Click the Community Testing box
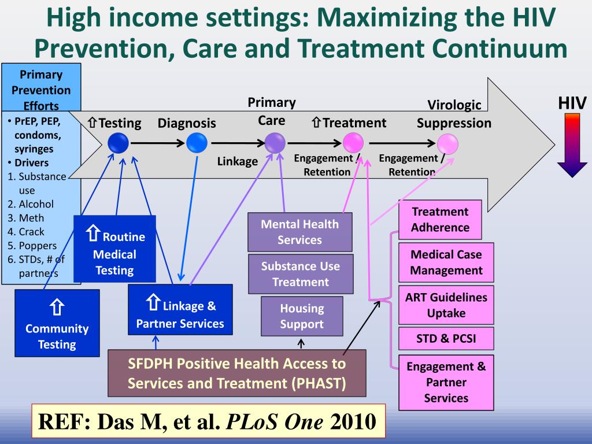coord(57,322)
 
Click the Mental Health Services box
coord(299,232)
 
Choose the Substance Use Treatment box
coord(301,274)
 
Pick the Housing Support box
coord(302,316)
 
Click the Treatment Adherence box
coord(440,220)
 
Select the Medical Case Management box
coord(446,262)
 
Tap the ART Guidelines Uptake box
coord(446,305)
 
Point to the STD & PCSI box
coord(446,339)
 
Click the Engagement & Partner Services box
coord(446,382)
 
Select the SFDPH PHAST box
coord(237,373)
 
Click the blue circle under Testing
coord(119,142)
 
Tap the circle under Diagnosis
coord(197,142)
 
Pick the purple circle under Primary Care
coord(275,142)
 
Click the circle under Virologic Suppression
coord(447,143)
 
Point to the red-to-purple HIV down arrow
coord(572,145)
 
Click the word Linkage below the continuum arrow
coord(237,161)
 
